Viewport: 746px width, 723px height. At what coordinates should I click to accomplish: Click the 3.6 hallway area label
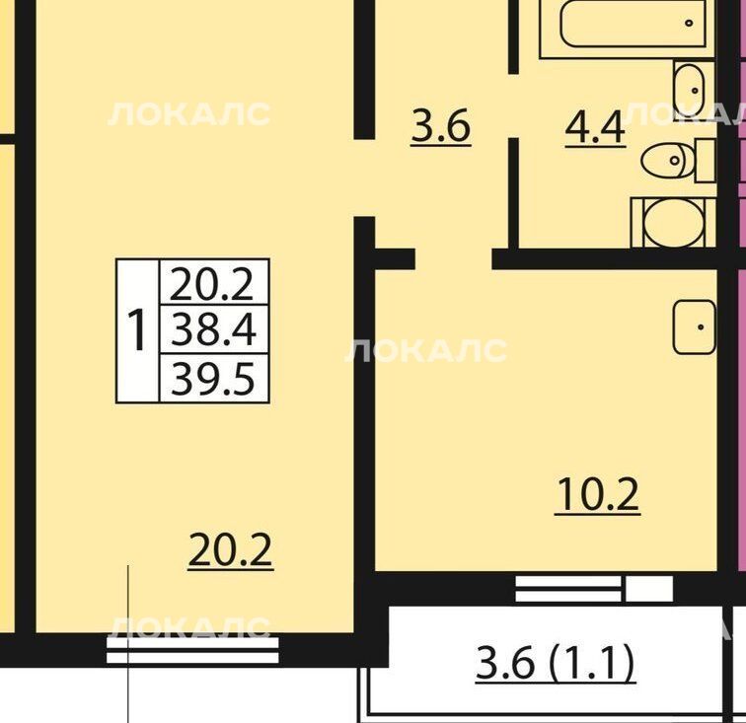pos(441,126)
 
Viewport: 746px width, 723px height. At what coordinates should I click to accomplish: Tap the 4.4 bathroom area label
pos(595,128)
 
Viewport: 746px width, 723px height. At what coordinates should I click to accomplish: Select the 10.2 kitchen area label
pos(598,495)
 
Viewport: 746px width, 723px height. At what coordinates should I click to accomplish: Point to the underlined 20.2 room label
pos(230,550)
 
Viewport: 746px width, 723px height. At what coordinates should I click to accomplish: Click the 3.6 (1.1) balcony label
pos(556,663)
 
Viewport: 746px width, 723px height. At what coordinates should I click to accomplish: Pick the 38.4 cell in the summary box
pos(213,329)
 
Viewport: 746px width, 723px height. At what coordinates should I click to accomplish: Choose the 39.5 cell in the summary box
pos(213,379)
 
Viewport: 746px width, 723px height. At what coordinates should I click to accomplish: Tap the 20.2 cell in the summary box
pos(213,283)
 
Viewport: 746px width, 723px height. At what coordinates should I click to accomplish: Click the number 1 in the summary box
pos(138,329)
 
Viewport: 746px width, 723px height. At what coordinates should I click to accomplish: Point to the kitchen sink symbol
pos(694,326)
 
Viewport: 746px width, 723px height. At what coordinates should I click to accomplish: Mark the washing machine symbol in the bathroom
pos(673,223)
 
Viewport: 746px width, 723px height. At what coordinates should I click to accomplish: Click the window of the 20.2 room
pos(192,650)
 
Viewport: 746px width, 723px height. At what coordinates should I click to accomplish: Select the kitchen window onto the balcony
pos(594,589)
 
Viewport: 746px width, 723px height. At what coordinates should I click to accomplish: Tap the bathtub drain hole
pos(689,23)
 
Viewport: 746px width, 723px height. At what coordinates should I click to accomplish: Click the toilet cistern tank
pos(706,161)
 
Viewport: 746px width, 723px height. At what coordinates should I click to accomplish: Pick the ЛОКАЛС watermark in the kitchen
pos(426,350)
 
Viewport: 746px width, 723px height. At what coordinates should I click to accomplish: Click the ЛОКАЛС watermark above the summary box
pos(188,114)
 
